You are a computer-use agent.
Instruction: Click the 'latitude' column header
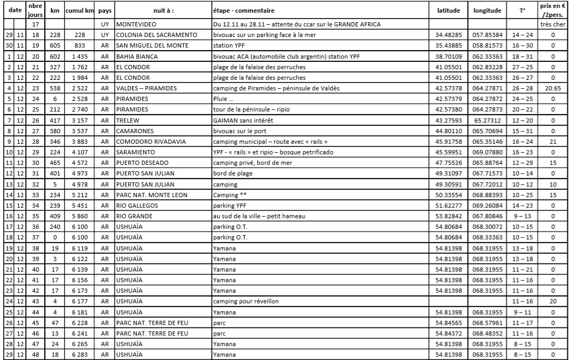[448, 10]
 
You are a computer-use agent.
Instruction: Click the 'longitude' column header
[487, 10]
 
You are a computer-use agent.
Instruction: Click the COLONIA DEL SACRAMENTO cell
[156, 35]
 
